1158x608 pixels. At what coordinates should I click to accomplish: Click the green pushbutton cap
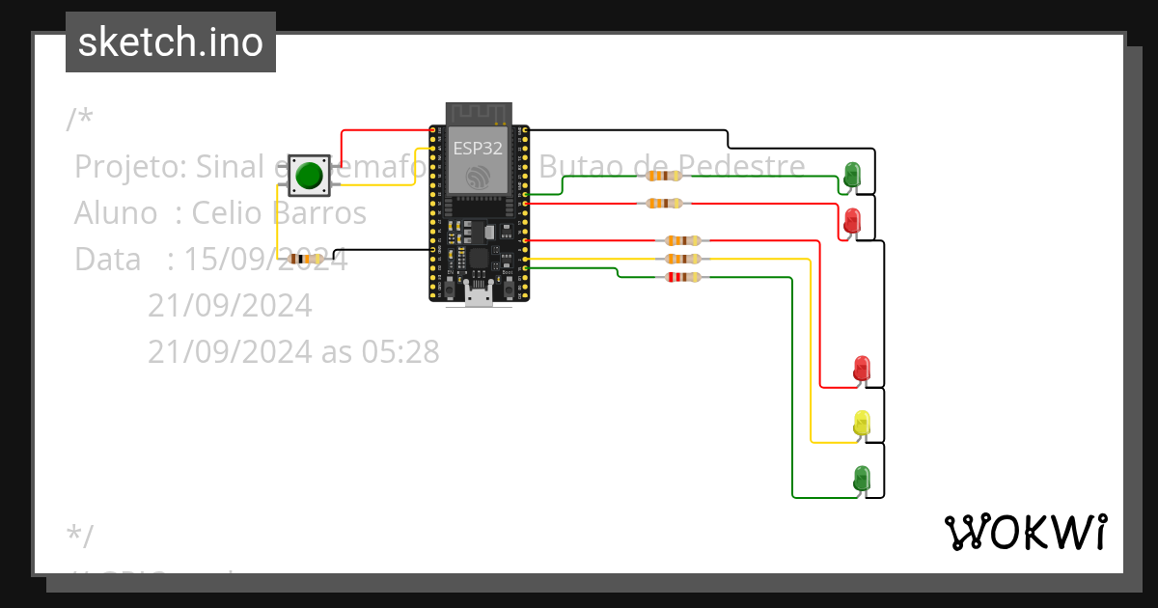click(x=309, y=176)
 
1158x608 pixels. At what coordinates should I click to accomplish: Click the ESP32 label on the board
click(x=478, y=149)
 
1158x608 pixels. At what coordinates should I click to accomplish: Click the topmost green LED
click(x=852, y=174)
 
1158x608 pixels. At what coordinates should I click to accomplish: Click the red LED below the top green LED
click(x=852, y=220)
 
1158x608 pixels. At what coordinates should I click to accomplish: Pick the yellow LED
click(x=862, y=422)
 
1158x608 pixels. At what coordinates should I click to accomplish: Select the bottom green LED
click(x=862, y=477)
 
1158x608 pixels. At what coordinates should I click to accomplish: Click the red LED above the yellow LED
click(x=862, y=368)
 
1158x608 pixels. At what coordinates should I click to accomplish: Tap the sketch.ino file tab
click(x=171, y=42)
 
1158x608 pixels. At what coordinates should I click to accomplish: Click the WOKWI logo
click(x=1025, y=532)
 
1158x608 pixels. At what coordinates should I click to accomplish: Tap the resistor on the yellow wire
click(x=683, y=259)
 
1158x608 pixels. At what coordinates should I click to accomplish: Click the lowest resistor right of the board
click(x=683, y=277)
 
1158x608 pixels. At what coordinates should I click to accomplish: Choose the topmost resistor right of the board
click(x=664, y=176)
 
